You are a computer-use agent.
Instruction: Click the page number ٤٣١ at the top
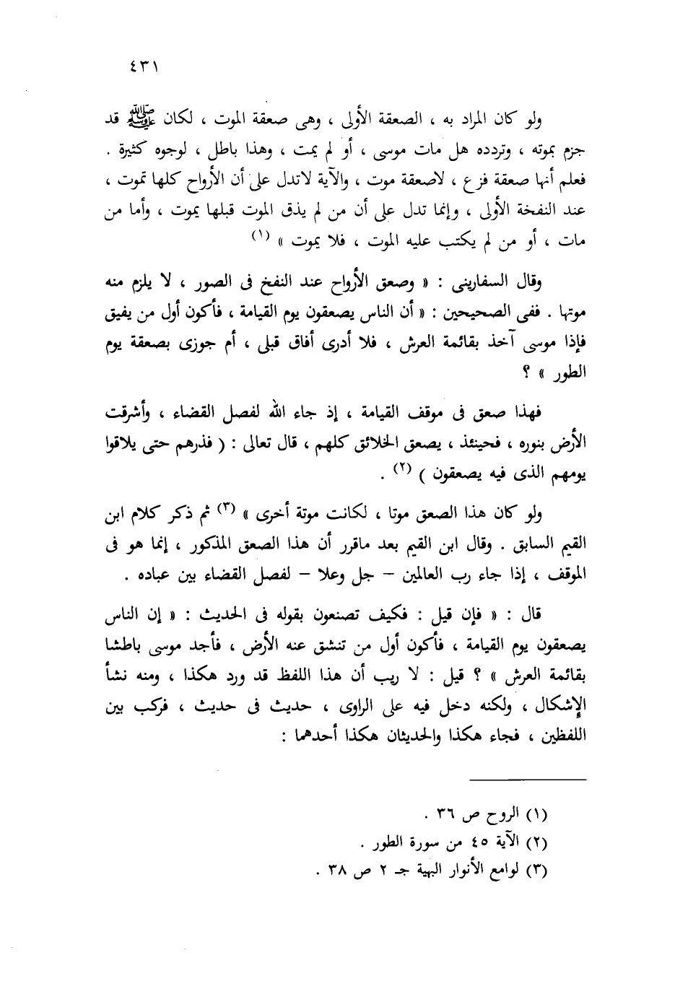[x=145, y=70]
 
